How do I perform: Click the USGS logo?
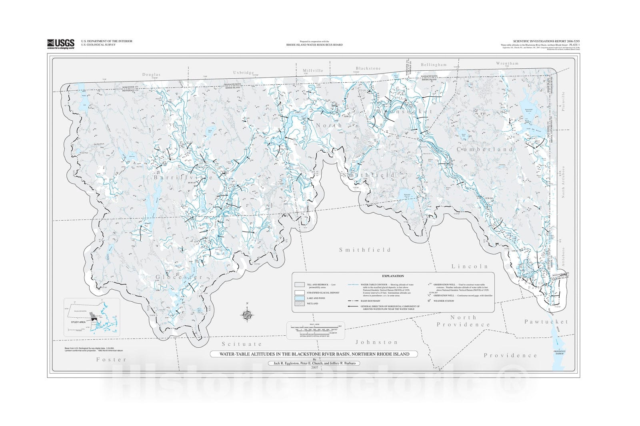click(61, 43)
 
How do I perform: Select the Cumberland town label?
click(485, 149)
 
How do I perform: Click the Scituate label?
click(242, 344)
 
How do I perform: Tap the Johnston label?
click(377, 342)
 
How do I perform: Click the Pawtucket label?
click(546, 321)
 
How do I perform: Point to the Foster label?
click(111, 359)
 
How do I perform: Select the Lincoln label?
click(470, 266)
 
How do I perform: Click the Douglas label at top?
click(151, 75)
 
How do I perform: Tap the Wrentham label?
click(507, 64)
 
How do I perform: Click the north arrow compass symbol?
click(248, 315)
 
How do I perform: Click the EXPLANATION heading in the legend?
click(393, 276)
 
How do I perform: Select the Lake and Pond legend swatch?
click(300, 298)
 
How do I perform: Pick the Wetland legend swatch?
click(300, 304)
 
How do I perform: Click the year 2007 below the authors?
click(314, 368)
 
